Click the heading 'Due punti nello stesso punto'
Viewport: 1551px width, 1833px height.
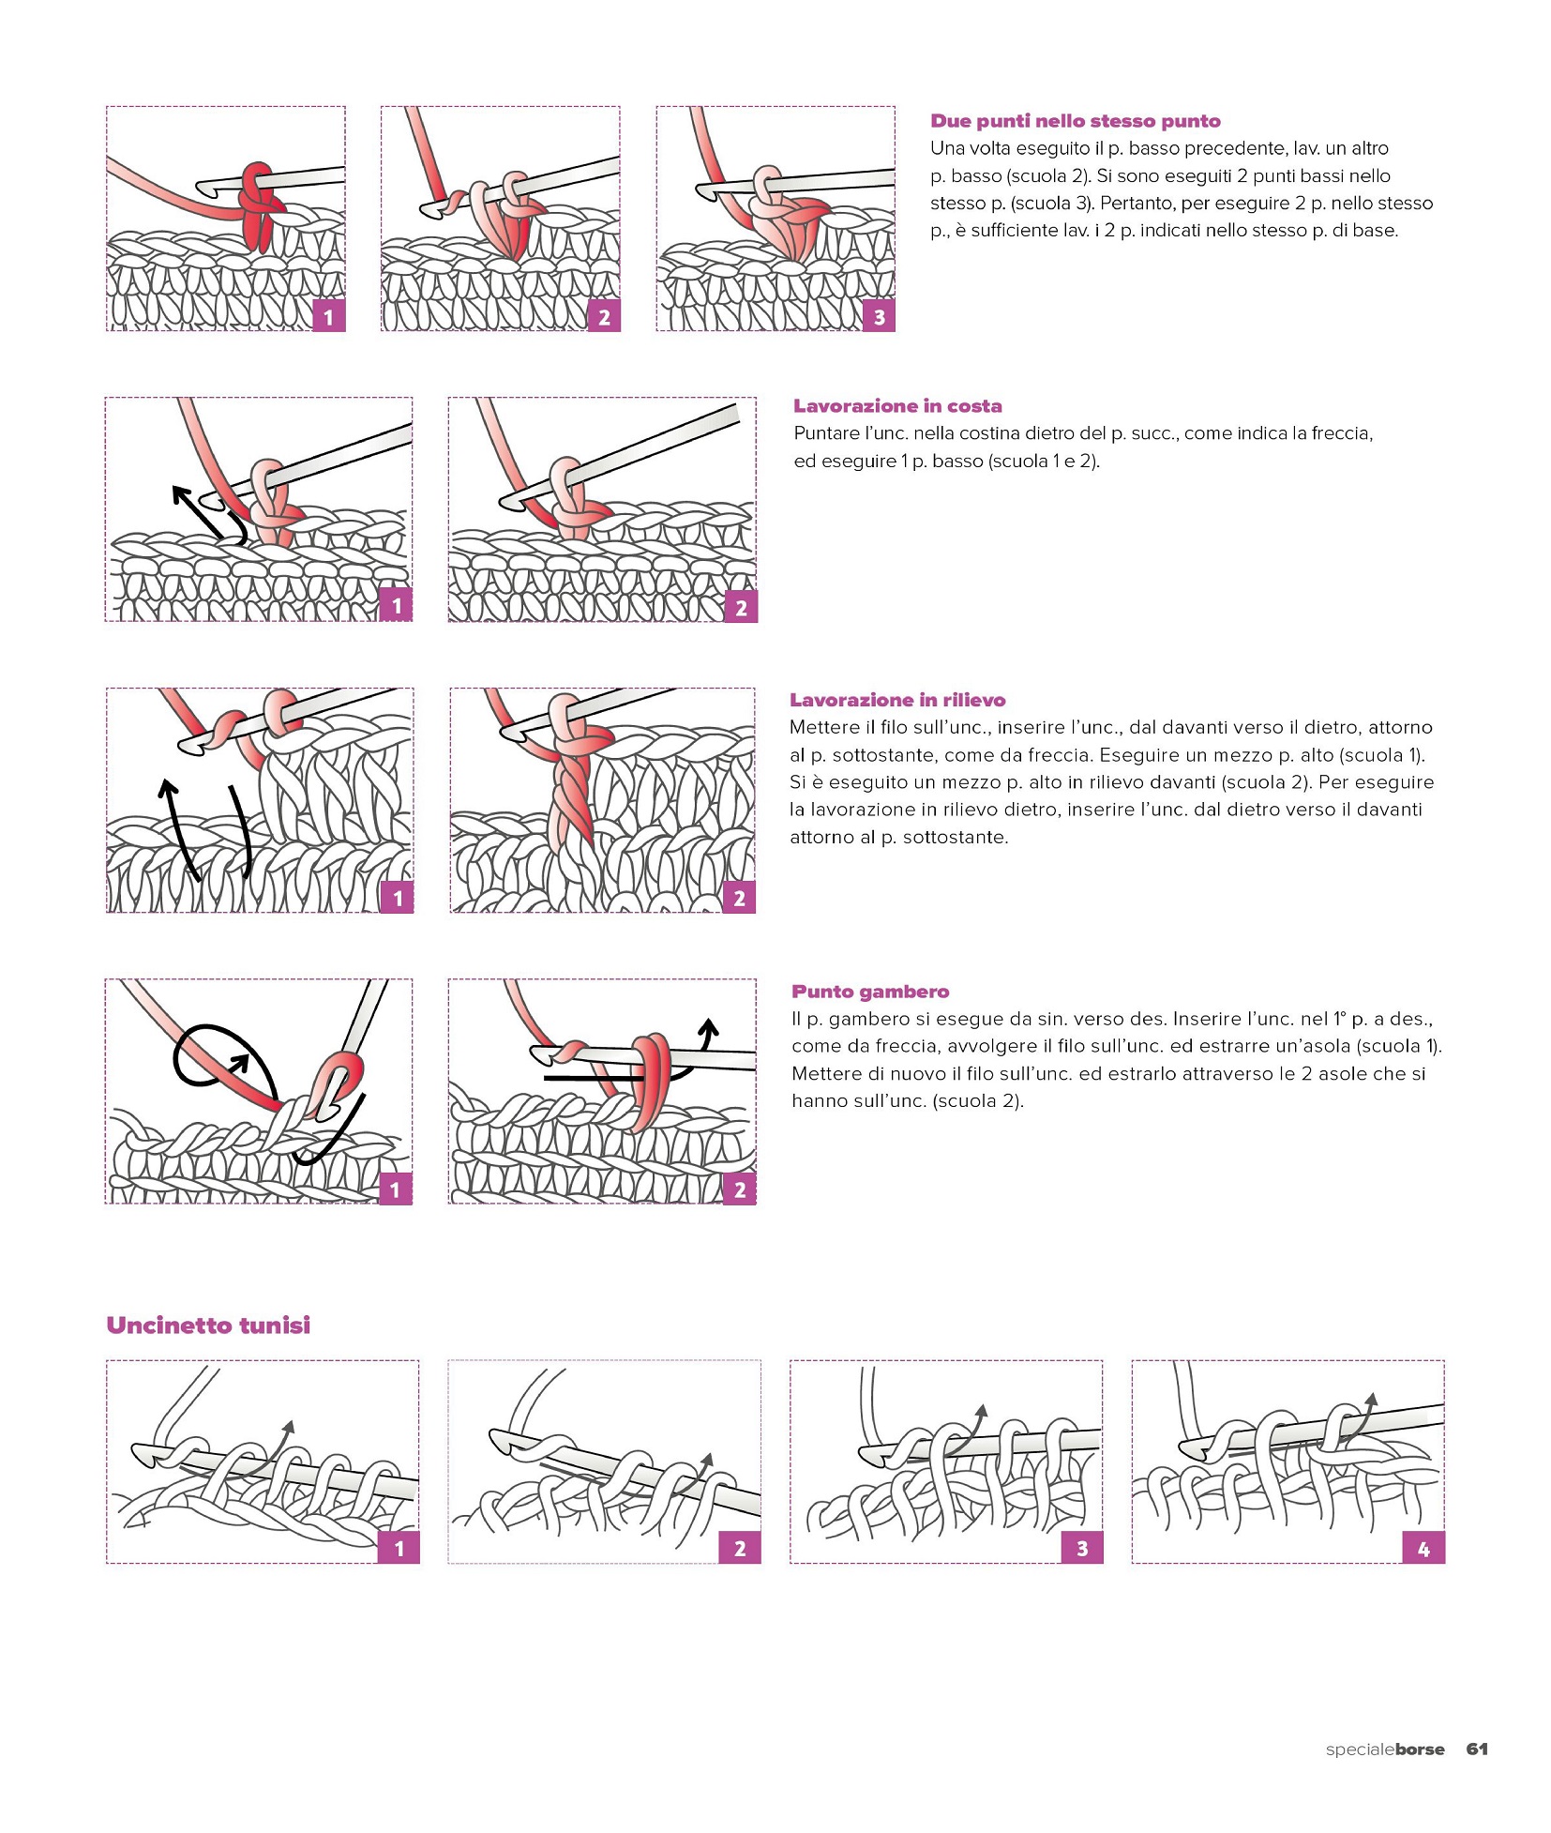pos(1075,121)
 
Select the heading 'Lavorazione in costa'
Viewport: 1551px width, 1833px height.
pos(897,406)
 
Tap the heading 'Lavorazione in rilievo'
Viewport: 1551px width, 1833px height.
pos(897,700)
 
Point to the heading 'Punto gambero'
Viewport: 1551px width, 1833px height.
pos(870,992)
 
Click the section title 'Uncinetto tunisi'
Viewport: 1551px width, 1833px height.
pos(208,1325)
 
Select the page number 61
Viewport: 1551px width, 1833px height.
pos(1477,1749)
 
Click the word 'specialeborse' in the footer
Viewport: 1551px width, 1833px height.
pos(1384,1750)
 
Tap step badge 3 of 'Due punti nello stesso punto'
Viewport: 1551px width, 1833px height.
pos(879,317)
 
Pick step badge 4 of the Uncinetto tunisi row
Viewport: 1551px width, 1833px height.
pos(1423,1549)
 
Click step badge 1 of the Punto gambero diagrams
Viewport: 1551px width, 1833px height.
pos(396,1189)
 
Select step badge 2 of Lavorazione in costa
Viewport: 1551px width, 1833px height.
pos(741,608)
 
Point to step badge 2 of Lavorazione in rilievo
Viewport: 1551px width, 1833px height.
pos(739,898)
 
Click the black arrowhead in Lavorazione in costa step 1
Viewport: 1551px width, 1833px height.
pos(181,493)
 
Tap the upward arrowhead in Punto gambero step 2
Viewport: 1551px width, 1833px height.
pos(709,1026)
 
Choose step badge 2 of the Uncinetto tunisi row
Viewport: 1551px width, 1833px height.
pos(740,1549)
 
